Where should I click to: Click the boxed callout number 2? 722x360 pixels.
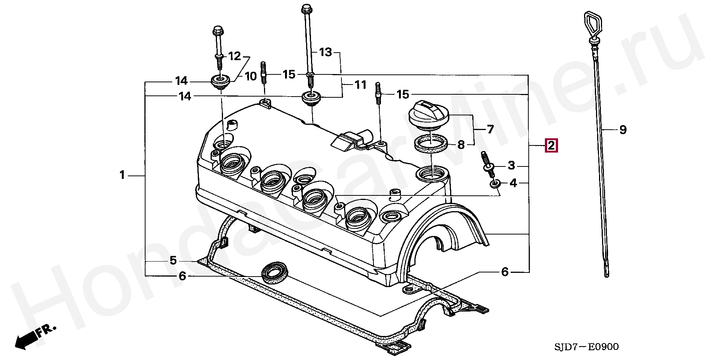[x=551, y=145]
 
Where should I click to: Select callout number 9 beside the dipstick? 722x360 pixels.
[x=623, y=130]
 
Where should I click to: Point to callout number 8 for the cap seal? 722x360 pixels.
[x=461, y=145]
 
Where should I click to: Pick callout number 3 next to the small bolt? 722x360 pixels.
[x=511, y=165]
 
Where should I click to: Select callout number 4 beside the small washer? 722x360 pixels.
[x=513, y=183]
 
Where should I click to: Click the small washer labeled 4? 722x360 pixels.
[x=495, y=184]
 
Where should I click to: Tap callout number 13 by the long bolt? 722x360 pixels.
[x=326, y=52]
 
